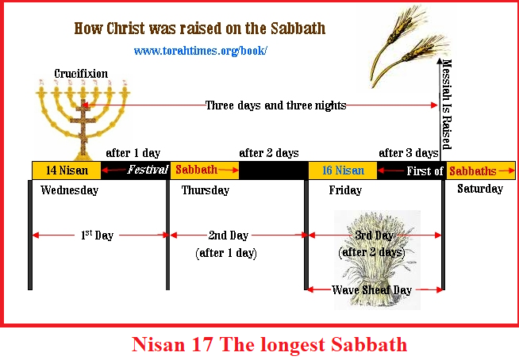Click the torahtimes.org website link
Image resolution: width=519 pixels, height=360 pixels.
(200, 51)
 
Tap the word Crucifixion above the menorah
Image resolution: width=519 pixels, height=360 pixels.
(81, 74)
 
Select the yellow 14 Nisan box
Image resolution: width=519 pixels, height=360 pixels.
(67, 170)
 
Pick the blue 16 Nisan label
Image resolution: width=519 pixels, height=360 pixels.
(344, 170)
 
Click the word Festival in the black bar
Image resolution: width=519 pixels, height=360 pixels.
(148, 170)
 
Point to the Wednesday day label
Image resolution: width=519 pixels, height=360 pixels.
(70, 190)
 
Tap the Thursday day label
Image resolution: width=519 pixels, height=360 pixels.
(206, 190)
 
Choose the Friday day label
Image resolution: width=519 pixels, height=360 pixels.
(345, 190)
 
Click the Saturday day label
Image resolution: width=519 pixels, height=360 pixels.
(480, 189)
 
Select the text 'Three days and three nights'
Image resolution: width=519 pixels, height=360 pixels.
(275, 105)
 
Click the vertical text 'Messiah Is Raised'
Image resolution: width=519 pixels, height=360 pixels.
(447, 105)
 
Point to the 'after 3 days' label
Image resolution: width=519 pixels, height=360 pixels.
(409, 153)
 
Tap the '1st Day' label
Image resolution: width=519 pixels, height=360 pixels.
(98, 236)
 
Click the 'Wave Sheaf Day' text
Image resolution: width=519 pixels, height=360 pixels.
(371, 290)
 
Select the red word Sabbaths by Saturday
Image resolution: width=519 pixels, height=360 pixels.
(473, 171)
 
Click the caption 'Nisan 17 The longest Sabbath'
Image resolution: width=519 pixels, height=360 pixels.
(270, 344)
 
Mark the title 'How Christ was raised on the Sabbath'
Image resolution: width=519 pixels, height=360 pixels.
(200, 29)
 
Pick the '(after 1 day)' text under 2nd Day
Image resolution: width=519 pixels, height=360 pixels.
(226, 253)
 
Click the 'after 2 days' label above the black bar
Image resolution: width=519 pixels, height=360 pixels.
(269, 153)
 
